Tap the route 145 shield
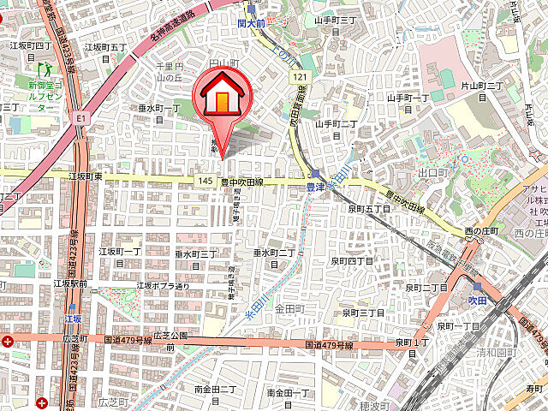click(x=204, y=182)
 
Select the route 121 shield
click(x=299, y=78)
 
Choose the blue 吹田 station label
click(x=476, y=302)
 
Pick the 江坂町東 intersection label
click(x=85, y=176)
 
